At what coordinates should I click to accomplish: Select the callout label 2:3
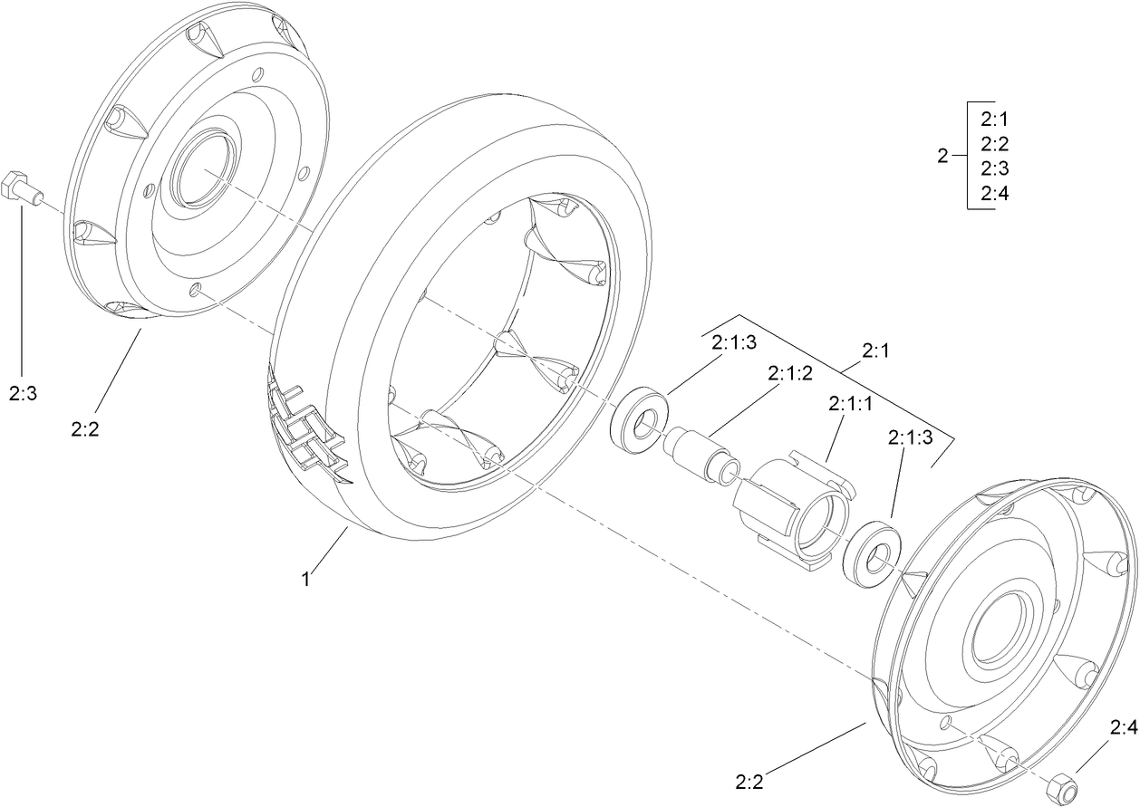[24, 393]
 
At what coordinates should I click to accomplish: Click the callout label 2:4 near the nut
[1122, 726]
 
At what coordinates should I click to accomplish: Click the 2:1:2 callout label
[790, 373]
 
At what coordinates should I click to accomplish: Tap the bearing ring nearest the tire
[641, 419]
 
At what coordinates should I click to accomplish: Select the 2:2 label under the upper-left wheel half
[84, 428]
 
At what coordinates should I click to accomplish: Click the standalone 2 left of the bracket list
[942, 157]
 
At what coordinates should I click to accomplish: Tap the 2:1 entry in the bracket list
[994, 119]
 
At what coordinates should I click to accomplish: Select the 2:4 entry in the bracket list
[994, 193]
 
